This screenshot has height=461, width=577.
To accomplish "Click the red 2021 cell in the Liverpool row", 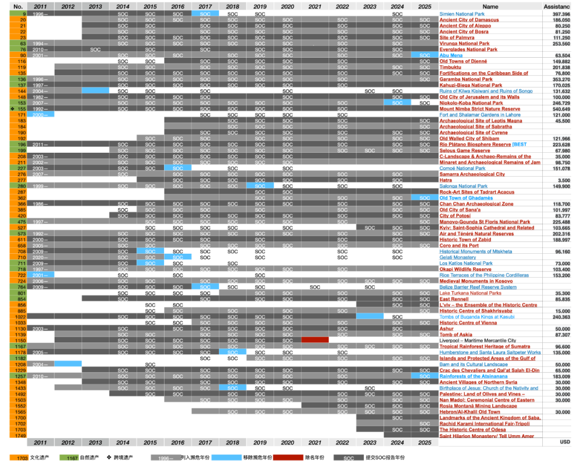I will pos(315,340).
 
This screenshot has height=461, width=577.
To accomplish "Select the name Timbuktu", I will pos(451,67).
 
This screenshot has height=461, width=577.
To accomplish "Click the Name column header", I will pos(490,6).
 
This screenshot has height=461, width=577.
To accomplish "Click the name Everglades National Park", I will pos(468,50).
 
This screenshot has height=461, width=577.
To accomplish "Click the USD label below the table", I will pos(565,442).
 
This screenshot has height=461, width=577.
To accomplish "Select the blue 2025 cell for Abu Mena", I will pos(424,56).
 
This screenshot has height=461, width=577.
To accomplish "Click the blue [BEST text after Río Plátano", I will pos(519,145).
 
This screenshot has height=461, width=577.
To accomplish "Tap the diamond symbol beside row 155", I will pos(4,109).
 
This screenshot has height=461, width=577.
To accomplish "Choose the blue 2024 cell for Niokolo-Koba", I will pos(397,103).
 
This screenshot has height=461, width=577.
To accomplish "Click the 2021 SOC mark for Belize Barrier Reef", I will pos(315,287).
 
